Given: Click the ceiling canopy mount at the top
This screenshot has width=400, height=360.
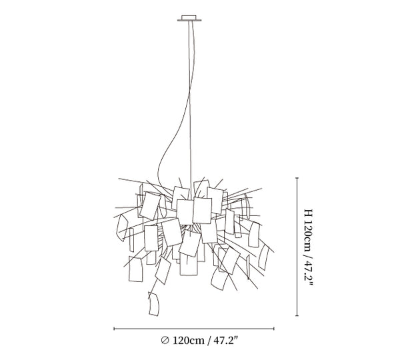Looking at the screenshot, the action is coord(189,19).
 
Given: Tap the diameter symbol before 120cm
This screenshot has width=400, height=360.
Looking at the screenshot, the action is coord(165,341).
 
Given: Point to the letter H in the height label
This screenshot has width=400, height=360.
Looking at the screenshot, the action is coord(308,213).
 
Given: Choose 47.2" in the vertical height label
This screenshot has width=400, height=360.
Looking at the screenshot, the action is coord(309,273).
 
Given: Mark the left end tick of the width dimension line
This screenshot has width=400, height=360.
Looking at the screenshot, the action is coord(114,329).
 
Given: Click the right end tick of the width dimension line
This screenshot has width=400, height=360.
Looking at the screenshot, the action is coord(274,329).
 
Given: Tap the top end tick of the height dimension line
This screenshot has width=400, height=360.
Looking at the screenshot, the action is coord(297,178).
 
